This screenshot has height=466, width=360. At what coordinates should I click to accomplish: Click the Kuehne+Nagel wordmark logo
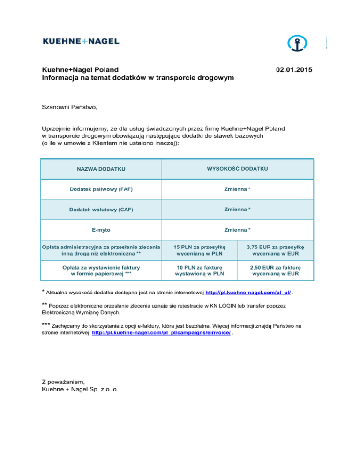pyautogui.click(x=81, y=42)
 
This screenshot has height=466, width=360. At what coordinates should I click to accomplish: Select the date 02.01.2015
pyautogui.click(x=294, y=70)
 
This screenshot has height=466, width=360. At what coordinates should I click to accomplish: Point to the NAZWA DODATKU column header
pyautogui.click(x=101, y=169)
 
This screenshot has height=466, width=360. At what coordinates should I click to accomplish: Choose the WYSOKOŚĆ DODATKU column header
pyautogui.click(x=237, y=168)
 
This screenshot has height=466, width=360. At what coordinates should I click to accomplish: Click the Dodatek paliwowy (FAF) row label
pyautogui.click(x=101, y=189)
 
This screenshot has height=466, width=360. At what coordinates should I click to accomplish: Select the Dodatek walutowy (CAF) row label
pyautogui.click(x=101, y=210)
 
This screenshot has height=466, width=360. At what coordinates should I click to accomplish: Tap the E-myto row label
pyautogui.click(x=101, y=230)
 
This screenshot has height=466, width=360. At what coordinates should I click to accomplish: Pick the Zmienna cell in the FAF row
pyautogui.click(x=237, y=189)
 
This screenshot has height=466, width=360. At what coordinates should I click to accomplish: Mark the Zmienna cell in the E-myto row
pyautogui.click(x=237, y=230)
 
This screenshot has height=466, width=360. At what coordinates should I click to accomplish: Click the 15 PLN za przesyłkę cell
pyautogui.click(x=199, y=250)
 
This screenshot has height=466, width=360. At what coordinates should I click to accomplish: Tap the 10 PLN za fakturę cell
pyautogui.click(x=199, y=271)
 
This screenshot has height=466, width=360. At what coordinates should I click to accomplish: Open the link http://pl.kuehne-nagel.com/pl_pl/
pyautogui.click(x=248, y=293)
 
